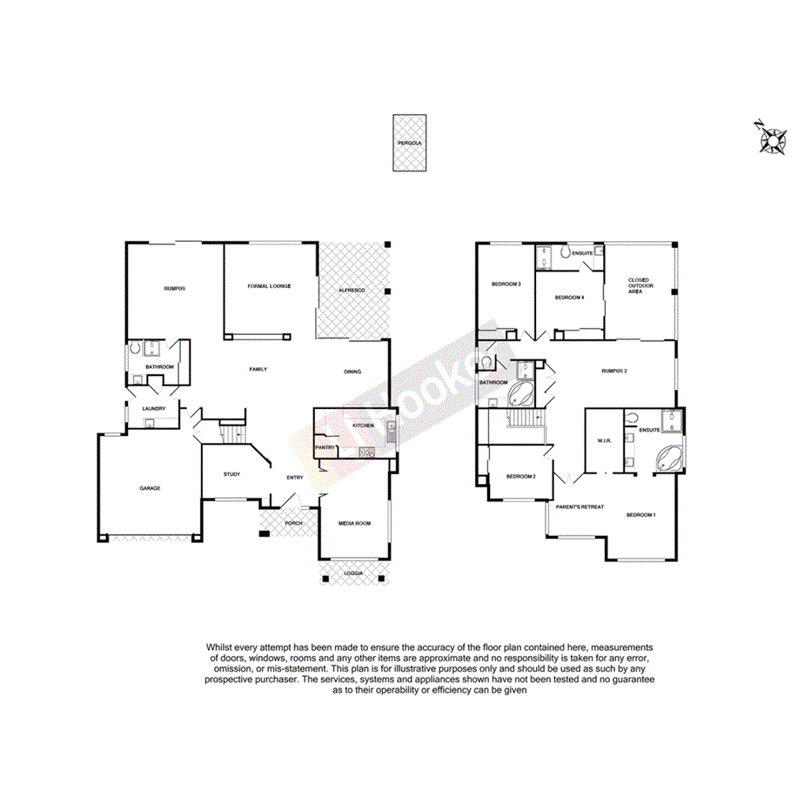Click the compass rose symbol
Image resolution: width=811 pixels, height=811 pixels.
click(x=771, y=138)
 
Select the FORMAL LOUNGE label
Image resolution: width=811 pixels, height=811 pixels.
click(x=269, y=286)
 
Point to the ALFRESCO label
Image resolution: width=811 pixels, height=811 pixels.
click(x=352, y=288)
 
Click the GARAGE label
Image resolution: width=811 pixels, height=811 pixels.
click(x=150, y=488)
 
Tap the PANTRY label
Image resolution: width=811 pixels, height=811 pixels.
click(x=325, y=447)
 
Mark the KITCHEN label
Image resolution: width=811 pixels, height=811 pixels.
click(x=363, y=425)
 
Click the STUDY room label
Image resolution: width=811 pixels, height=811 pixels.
click(x=231, y=474)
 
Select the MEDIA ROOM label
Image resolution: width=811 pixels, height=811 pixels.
click(x=355, y=523)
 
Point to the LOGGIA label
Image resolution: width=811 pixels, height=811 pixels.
click(x=354, y=573)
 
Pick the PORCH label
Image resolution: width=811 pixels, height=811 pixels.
click(x=294, y=523)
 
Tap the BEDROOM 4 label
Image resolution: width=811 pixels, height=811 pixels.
click(x=569, y=298)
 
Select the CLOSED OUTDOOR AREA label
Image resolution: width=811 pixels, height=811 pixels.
click(x=639, y=286)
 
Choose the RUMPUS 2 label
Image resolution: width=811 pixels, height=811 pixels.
click(x=614, y=372)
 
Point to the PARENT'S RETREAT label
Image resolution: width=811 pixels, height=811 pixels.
click(x=580, y=506)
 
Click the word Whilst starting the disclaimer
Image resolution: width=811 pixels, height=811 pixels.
click(x=222, y=647)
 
